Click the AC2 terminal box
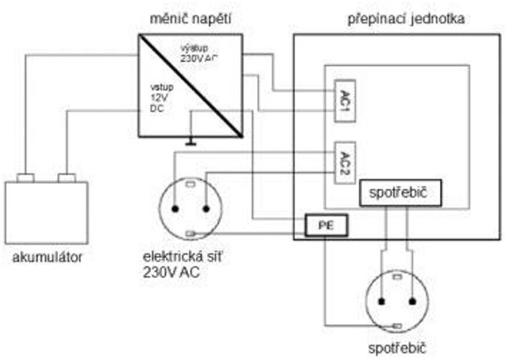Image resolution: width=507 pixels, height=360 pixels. [344, 162]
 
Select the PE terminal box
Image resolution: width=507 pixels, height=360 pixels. [326, 226]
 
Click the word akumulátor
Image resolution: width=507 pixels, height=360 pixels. [47, 256]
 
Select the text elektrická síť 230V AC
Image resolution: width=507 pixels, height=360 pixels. [177, 263]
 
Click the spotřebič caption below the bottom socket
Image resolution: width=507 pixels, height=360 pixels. [398, 349]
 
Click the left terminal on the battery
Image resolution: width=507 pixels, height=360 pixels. [26, 178]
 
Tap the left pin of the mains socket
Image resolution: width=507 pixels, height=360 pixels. [175, 209]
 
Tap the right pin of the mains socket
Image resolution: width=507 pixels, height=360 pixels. [206, 209]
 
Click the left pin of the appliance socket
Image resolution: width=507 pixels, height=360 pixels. [382, 301]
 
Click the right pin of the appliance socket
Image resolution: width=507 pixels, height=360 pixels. [413, 301]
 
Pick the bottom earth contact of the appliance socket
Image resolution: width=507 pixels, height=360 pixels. [398, 326]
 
